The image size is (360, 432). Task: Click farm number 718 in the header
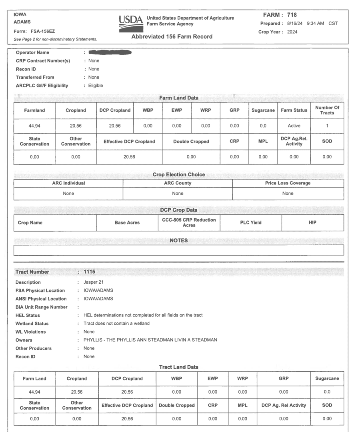pyautogui.click(x=292, y=15)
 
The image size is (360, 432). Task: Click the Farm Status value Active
pyautogui.click(x=294, y=126)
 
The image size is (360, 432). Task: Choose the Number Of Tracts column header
pyautogui.click(x=327, y=110)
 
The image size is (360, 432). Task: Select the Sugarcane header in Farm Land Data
pyautogui.click(x=263, y=110)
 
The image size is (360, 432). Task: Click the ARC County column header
pyautogui.click(x=178, y=183)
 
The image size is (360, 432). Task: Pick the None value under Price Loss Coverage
pyautogui.click(x=288, y=193)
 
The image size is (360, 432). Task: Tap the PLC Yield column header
pyautogui.click(x=250, y=223)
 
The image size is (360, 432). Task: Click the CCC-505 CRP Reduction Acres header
pyautogui.click(x=189, y=222)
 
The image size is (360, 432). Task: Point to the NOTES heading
pyautogui.click(x=178, y=240)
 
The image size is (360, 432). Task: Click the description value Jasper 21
pyautogui.click(x=94, y=282)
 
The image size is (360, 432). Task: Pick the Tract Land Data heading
pyautogui.click(x=178, y=367)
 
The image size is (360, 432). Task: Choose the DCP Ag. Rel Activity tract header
pyautogui.click(x=283, y=405)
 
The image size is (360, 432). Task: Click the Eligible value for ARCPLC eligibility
pyautogui.click(x=96, y=86)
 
